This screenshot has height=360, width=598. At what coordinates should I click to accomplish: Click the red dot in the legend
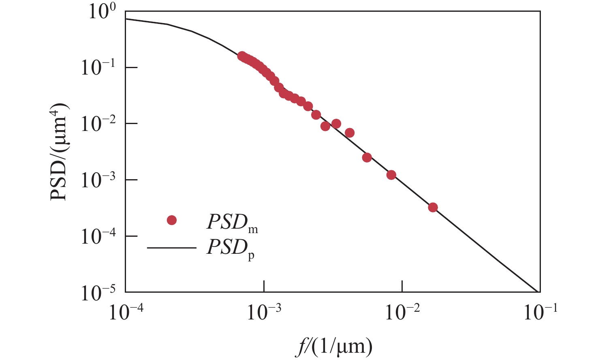pyautogui.click(x=172, y=220)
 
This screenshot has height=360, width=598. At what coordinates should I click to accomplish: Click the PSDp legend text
pyautogui.click(x=231, y=248)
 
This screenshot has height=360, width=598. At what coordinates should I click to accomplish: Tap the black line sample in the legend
pyautogui.click(x=171, y=247)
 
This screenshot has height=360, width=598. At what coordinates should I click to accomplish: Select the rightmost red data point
pyautogui.click(x=433, y=208)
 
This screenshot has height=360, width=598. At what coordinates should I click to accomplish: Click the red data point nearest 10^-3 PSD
pyautogui.click(x=391, y=175)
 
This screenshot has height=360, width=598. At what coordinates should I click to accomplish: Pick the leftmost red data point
pyautogui.click(x=241, y=56)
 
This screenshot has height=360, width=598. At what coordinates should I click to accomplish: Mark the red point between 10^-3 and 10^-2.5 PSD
pyautogui.click(x=367, y=157)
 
